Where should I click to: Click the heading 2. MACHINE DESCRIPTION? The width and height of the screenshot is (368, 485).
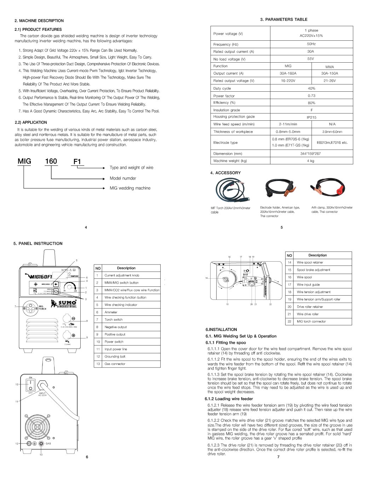coord(39,21)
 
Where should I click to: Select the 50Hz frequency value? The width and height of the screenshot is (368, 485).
coord(311,44)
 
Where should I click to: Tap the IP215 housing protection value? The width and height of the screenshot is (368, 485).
coord(311,117)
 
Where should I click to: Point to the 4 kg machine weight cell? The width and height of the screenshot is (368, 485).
coord(310,161)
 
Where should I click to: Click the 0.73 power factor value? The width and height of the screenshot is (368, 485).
coord(311,96)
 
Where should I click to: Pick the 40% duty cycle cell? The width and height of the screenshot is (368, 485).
coord(311,88)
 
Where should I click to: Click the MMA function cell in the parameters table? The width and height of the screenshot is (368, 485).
coord(329,67)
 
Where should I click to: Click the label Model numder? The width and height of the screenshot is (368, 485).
coord(123,178)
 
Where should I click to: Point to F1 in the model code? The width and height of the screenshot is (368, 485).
coord(77,162)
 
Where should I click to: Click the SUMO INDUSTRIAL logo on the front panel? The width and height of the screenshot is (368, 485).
coord(64,304)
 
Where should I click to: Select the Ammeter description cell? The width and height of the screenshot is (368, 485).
coord(111,312)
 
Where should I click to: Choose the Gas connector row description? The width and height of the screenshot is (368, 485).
coord(115,364)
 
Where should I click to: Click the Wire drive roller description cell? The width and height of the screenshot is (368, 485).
coord(307,314)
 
